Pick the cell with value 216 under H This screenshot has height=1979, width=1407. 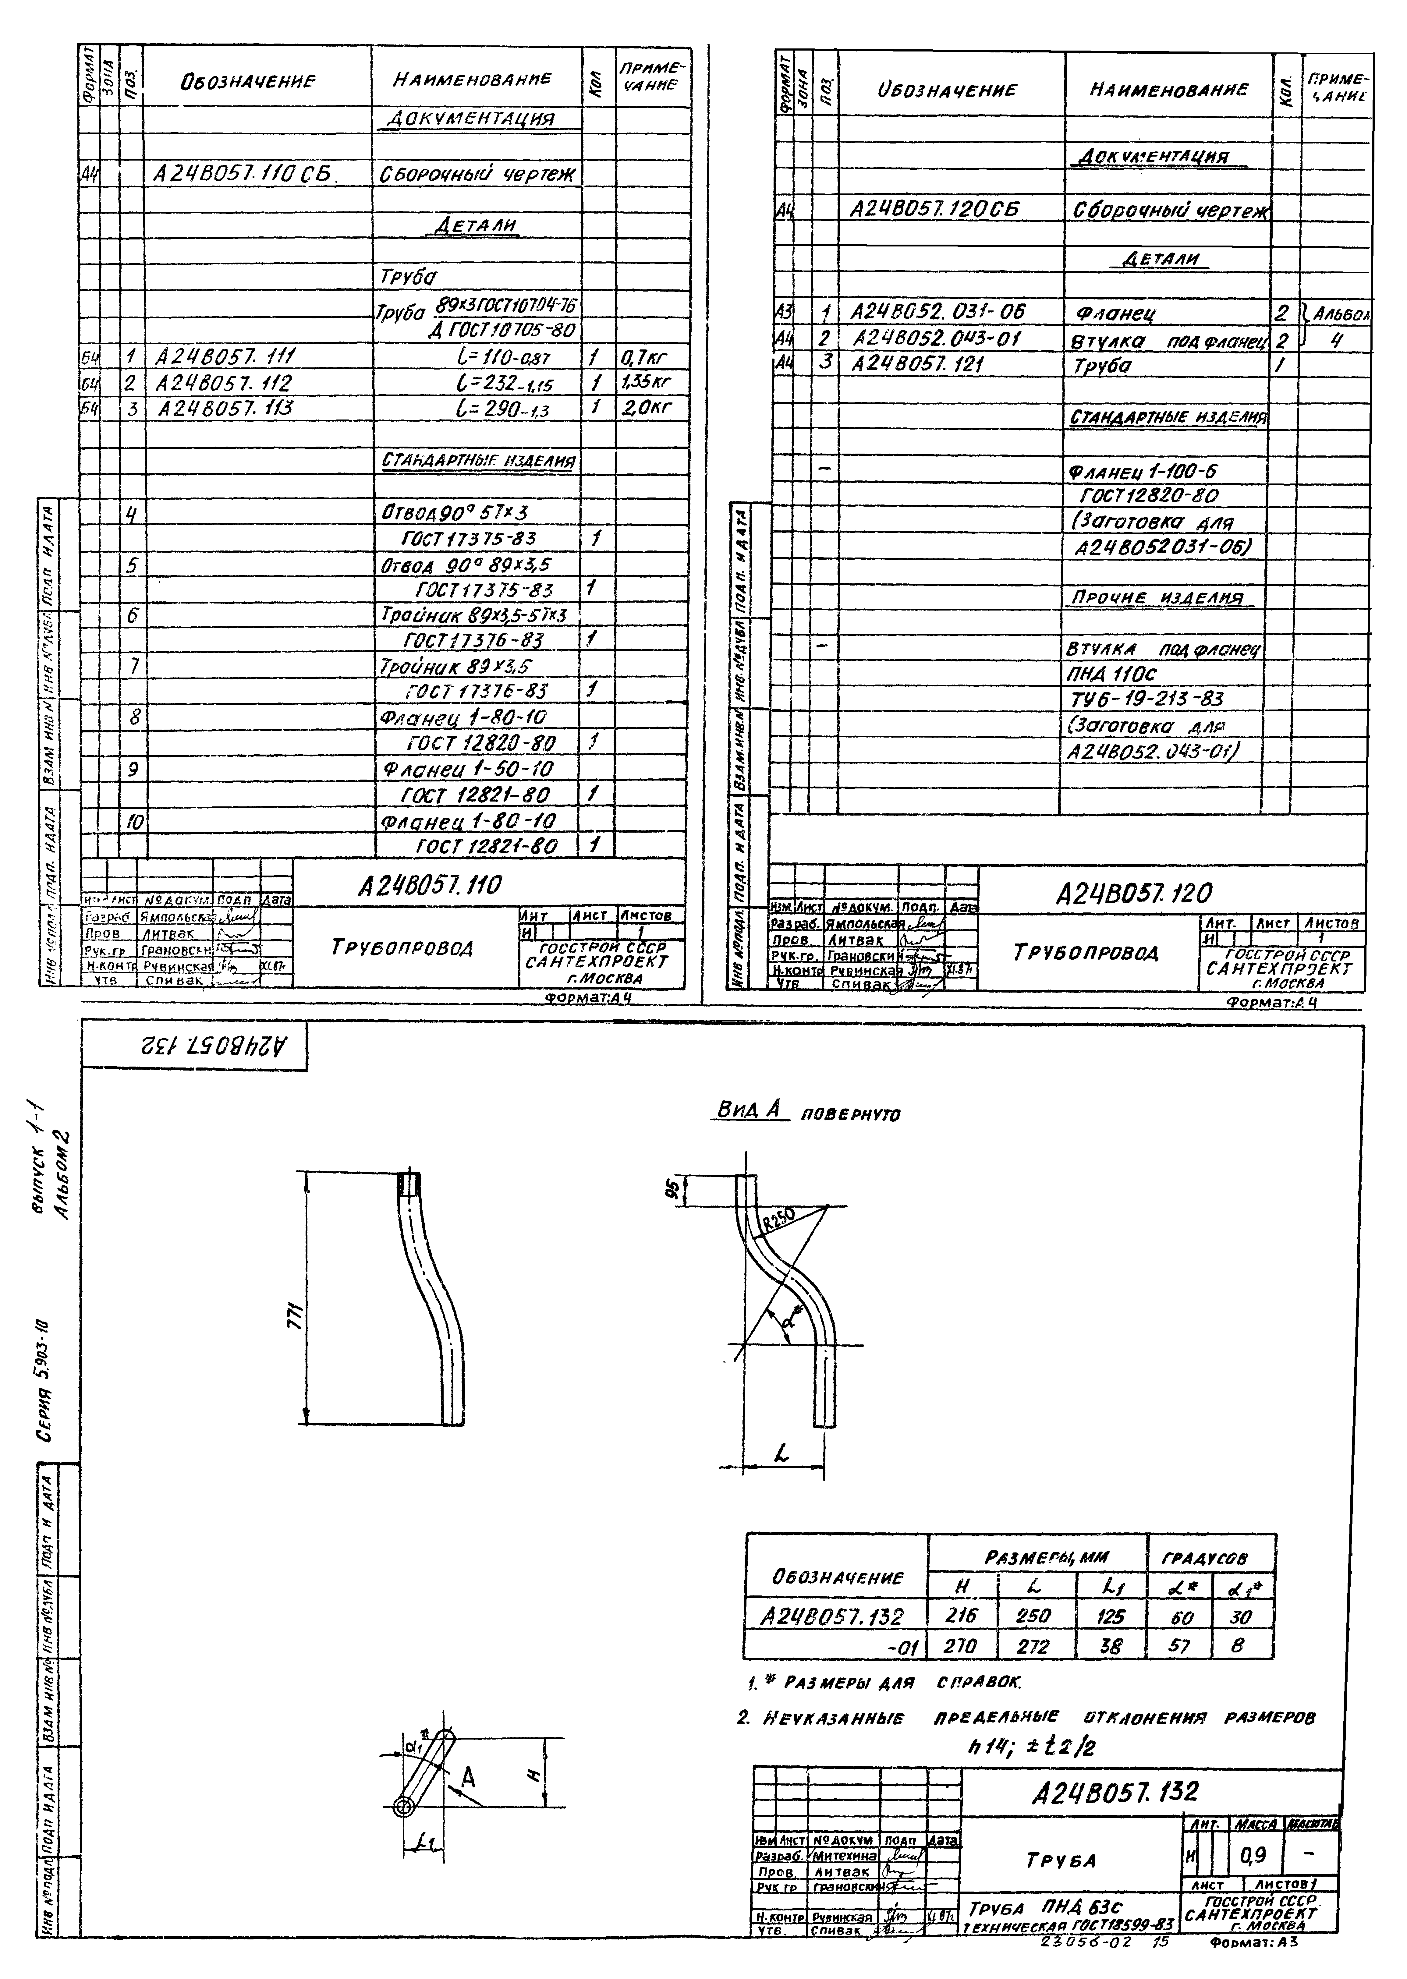pos(962,1615)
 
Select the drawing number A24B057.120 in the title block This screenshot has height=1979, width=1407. pos(1134,892)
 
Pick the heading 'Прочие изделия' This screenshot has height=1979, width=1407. pos(1157,598)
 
